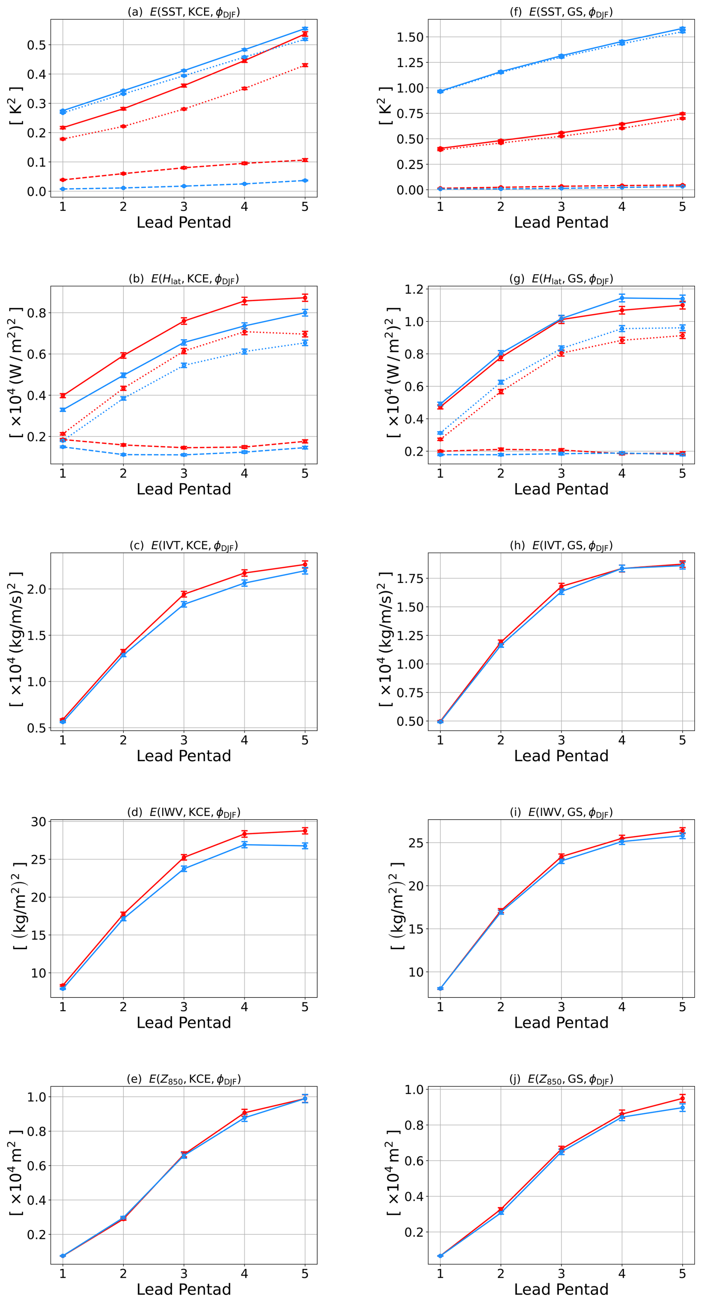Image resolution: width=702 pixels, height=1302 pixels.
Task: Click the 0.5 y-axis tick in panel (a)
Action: coord(36,45)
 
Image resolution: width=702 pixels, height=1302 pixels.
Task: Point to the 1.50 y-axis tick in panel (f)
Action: coord(410,37)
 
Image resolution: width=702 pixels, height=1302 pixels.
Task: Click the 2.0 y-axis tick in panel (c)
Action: coord(36,589)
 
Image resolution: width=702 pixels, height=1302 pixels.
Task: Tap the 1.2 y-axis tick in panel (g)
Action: coord(414,290)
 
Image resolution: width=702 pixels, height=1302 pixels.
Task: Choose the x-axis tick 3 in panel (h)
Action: coord(561,740)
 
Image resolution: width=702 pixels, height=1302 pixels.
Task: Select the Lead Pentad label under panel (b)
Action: coord(183,489)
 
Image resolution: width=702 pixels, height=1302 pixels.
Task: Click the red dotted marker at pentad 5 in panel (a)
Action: coord(305,65)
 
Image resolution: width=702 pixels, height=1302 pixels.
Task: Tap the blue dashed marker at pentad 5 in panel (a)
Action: coord(305,180)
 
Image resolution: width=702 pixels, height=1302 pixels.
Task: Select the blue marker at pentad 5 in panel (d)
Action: coord(305,846)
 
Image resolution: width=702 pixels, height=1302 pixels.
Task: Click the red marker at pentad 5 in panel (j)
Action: coord(682,1098)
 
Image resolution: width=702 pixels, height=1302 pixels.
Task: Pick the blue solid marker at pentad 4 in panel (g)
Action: coord(622,298)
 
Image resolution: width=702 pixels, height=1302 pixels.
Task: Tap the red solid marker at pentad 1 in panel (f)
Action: coord(440,149)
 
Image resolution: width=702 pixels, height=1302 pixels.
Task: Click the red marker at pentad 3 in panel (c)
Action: coord(184,594)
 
